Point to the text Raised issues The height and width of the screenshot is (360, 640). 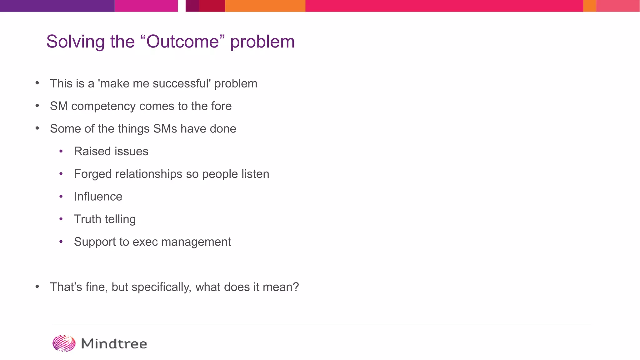point(111,152)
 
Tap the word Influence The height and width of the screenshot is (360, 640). point(98,197)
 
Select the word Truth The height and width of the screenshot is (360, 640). point(87,219)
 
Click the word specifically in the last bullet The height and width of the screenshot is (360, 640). point(161,287)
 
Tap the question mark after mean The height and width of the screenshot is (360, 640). point(296,287)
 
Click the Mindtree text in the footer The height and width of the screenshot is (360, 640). point(114,344)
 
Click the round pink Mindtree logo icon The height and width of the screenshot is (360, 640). point(64,343)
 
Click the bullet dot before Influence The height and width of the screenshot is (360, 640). point(61,197)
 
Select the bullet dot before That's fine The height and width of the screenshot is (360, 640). point(37,287)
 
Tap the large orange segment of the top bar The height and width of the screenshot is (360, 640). point(265,6)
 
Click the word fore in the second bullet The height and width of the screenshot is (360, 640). point(221,106)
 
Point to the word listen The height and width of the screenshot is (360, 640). point(255,174)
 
